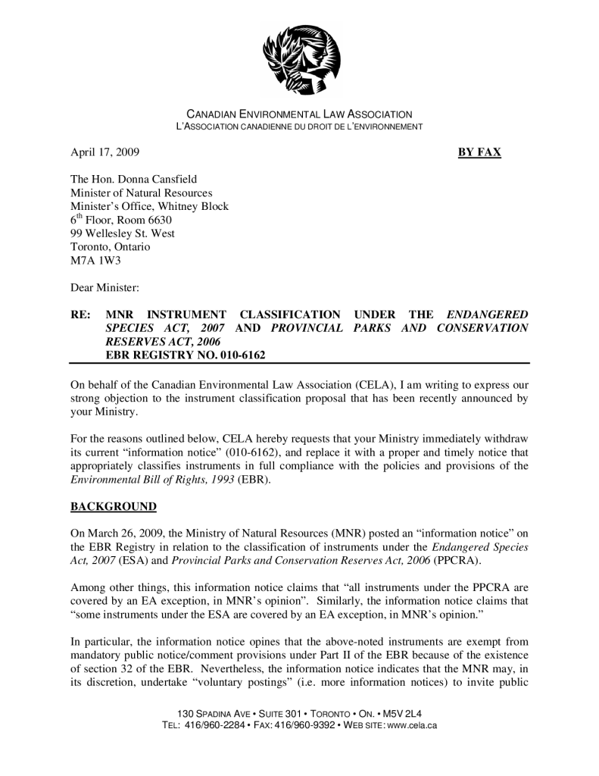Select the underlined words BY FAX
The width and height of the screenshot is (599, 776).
coord(479,152)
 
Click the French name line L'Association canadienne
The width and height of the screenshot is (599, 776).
coord(299,126)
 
